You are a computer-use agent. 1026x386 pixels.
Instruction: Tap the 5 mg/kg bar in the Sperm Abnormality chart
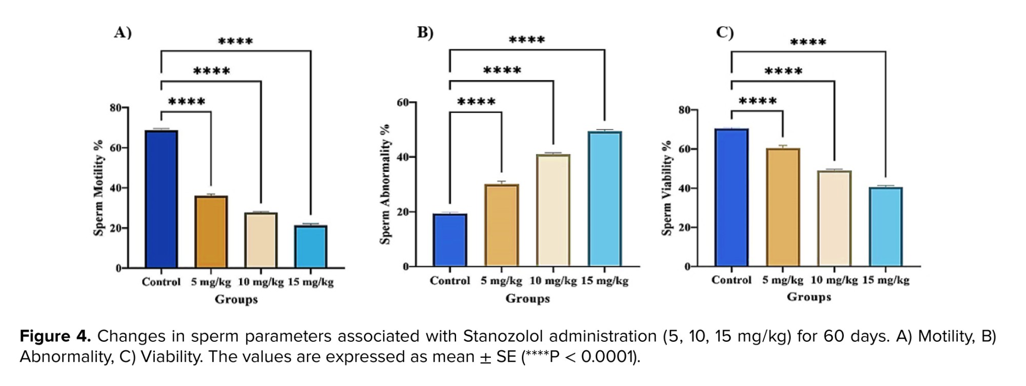tap(501, 225)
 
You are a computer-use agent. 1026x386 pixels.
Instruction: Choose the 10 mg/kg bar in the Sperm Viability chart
tap(834, 219)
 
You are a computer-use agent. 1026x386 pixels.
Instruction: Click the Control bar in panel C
tap(732, 198)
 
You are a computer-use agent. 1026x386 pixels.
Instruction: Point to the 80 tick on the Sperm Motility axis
tap(116, 108)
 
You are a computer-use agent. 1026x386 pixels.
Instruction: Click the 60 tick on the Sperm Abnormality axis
tap(403, 103)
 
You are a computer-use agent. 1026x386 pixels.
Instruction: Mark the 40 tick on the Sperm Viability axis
tap(684, 188)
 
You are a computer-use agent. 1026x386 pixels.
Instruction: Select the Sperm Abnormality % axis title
tap(385, 184)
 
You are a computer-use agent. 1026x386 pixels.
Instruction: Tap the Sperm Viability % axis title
tap(666, 188)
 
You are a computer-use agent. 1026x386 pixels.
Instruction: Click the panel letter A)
tap(123, 32)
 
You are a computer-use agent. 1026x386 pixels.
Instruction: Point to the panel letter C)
tap(725, 32)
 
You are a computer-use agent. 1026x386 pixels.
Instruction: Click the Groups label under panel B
tap(527, 298)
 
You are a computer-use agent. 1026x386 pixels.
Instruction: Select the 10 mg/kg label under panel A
tap(261, 282)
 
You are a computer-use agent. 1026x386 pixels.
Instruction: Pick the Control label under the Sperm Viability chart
tap(731, 280)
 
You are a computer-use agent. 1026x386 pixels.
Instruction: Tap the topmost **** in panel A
tap(235, 42)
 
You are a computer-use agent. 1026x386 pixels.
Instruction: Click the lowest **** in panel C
tap(758, 101)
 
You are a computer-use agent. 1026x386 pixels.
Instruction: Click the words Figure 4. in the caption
tap(55, 336)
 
